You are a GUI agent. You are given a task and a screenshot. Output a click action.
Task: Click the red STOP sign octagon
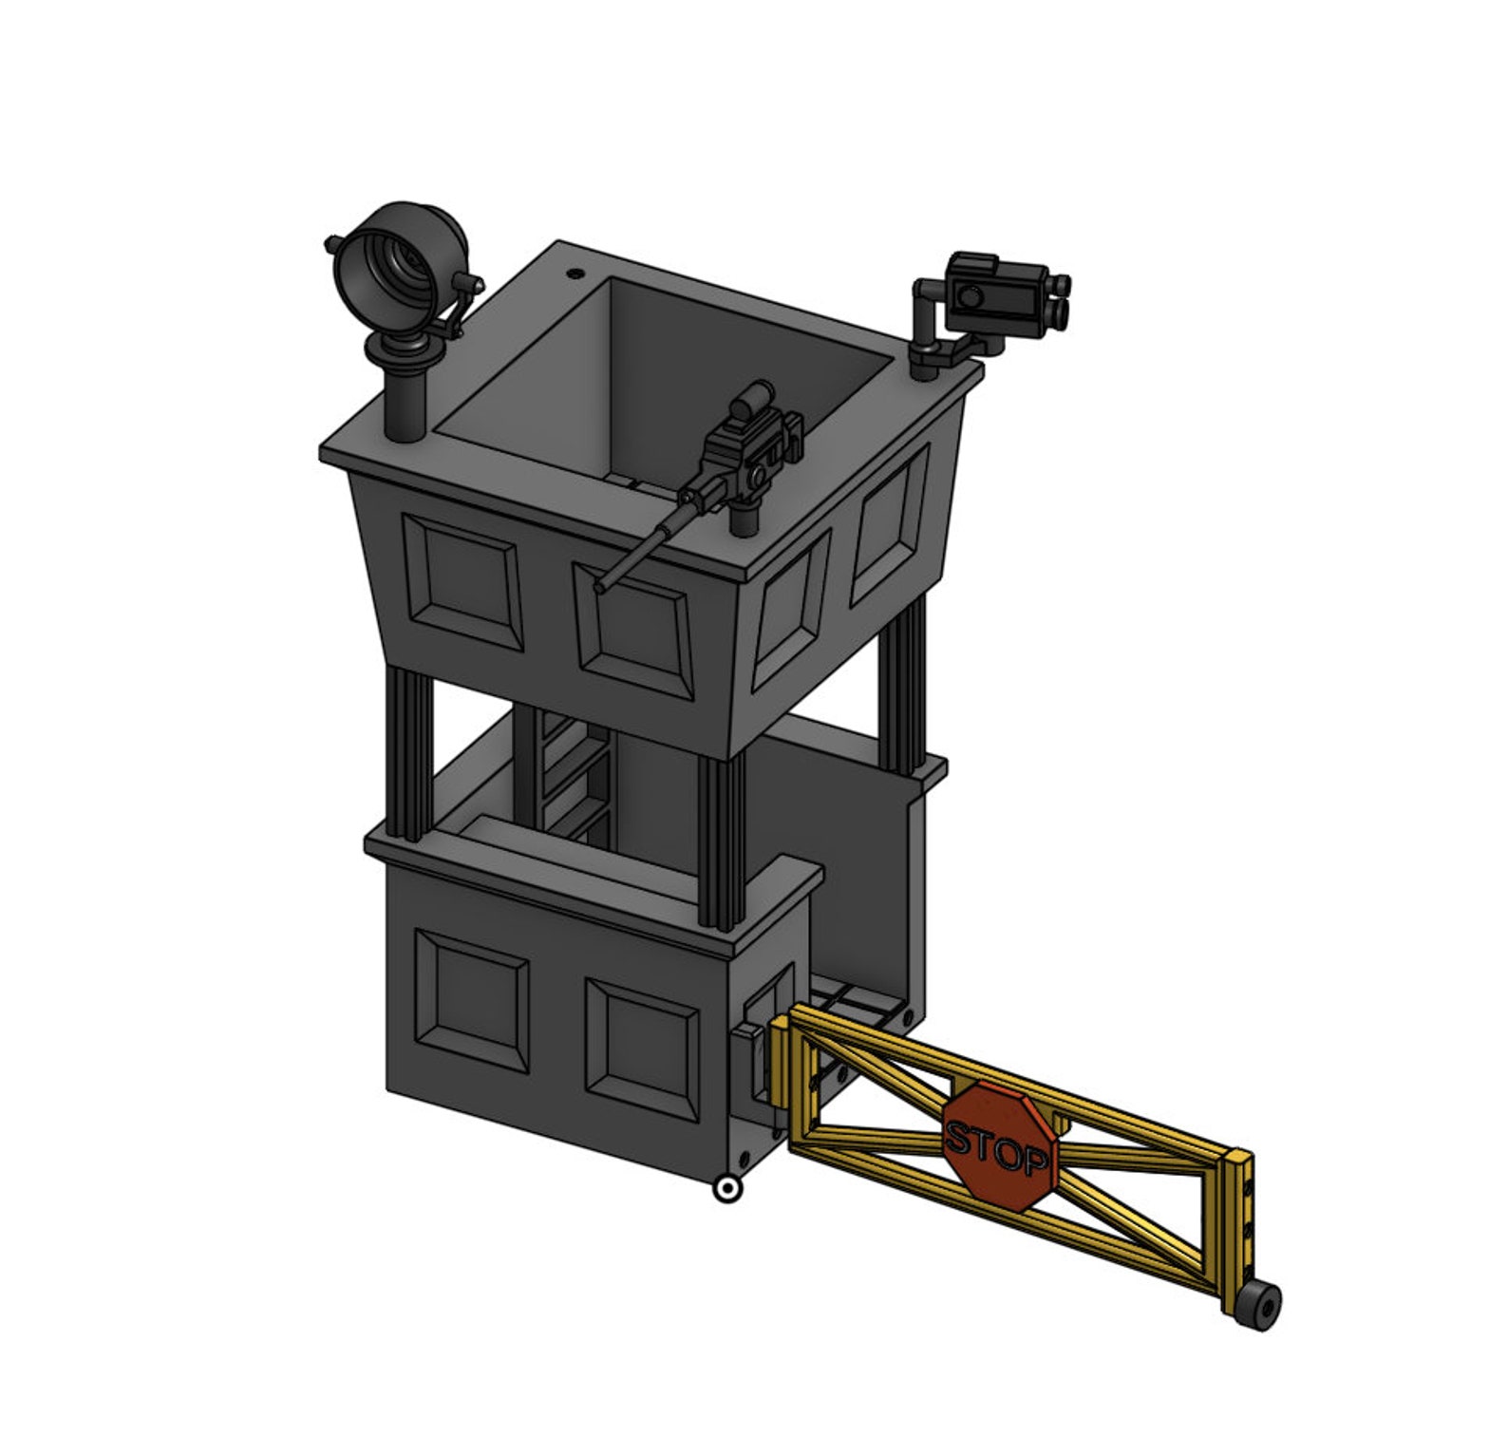(999, 1145)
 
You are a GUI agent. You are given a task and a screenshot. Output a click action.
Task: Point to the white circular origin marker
(728, 1189)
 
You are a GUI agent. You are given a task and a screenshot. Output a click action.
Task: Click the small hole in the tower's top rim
(575, 274)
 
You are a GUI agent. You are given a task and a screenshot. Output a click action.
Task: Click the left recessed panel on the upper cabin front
(462, 582)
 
